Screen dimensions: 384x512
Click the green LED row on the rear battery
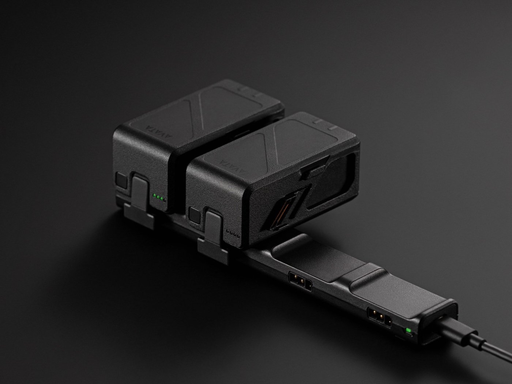click(x=159, y=198)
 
